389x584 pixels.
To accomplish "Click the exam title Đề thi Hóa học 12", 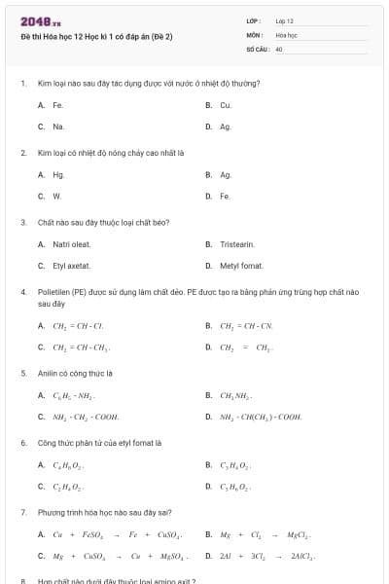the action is click(96, 36).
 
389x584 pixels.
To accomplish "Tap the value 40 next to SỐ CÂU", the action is click(279, 48).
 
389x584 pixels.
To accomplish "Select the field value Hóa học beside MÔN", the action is click(286, 34).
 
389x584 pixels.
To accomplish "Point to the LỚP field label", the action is click(254, 20).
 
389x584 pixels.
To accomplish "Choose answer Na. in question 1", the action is click(59, 127).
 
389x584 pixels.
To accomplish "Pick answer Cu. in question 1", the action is click(226, 104).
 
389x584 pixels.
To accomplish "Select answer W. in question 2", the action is click(58, 196).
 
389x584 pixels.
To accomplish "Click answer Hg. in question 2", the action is click(59, 174).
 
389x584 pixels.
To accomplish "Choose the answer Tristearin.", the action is click(237, 244).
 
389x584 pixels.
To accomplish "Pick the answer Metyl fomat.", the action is click(241, 266).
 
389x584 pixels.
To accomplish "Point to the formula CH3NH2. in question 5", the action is click(236, 395).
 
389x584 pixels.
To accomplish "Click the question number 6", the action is click(22, 442).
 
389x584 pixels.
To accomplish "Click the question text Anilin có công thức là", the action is click(75, 373).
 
